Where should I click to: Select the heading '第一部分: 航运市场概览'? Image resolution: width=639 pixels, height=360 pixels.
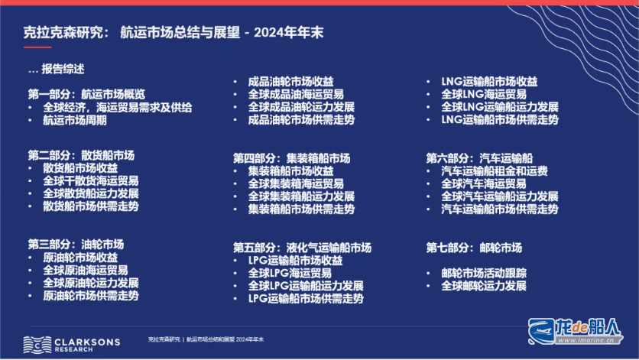86,95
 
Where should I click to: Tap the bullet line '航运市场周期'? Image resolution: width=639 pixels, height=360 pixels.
75,120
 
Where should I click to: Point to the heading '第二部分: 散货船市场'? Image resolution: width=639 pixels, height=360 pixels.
81,155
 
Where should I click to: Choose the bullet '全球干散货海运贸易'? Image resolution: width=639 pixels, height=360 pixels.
91,180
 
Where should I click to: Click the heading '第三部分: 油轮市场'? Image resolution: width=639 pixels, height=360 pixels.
76,245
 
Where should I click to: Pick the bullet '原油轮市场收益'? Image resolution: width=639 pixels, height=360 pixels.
80,258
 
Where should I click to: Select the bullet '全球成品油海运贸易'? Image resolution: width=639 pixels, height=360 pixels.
296,94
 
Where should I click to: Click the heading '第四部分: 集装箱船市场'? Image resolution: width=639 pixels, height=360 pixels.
291,158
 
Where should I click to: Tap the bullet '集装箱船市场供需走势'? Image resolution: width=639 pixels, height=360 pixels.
301,209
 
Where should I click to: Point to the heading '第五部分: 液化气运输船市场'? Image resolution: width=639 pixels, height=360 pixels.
302,248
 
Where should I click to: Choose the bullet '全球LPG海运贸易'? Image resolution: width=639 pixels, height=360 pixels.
290,273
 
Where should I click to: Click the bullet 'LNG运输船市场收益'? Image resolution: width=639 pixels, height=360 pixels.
489,82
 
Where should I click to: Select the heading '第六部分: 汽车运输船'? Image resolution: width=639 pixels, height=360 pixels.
479,158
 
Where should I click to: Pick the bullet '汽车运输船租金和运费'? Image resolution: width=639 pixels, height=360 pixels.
495,170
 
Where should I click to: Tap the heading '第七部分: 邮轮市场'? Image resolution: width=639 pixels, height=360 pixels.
474,248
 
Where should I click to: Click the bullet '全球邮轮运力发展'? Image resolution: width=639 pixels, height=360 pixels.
484,286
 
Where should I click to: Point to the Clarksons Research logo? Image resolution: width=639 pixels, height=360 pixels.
72,345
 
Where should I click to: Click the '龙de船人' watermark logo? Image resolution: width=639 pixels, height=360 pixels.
576,331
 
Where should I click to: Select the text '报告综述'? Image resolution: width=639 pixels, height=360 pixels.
63,69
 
